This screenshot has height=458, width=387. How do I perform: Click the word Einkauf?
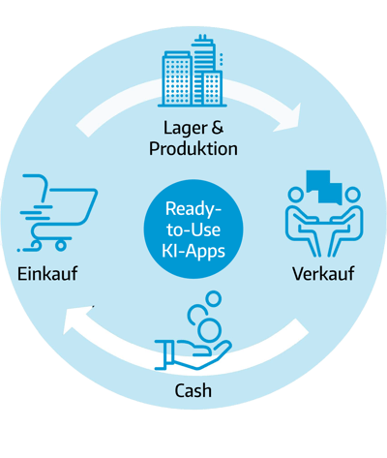[x=47, y=274]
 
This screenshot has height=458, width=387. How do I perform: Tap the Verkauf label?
[x=323, y=274]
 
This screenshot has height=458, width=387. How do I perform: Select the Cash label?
[x=193, y=390]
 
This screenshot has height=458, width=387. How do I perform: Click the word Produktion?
[x=193, y=149]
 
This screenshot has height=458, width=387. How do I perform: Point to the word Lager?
[x=185, y=129]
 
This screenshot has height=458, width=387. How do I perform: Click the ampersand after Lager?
[x=218, y=127]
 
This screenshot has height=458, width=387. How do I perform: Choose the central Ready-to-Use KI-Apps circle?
[x=193, y=229]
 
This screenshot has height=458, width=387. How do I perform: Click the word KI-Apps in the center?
[x=193, y=251]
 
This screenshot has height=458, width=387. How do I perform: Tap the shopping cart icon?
[x=58, y=213]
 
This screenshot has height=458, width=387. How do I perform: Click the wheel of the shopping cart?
[x=60, y=245]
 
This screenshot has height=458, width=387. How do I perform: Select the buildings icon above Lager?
[x=193, y=71]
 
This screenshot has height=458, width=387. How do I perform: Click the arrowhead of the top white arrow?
[x=289, y=118]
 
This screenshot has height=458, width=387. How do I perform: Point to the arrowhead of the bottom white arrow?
[x=77, y=320]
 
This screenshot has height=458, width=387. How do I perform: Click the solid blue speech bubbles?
[x=324, y=187]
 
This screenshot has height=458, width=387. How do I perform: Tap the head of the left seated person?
[x=295, y=195]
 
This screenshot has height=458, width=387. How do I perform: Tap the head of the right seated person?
[x=352, y=195]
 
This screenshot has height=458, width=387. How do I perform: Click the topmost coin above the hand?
[x=213, y=298]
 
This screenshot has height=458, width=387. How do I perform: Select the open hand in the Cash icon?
[x=193, y=354]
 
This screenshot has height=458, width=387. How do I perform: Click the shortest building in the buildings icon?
[x=212, y=88]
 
